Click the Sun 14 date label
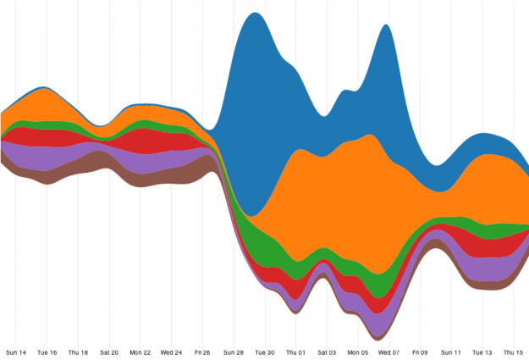point(16,352)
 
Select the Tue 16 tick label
point(47,352)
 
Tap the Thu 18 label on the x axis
point(78,352)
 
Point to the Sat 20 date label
point(109,352)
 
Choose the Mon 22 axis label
point(141,352)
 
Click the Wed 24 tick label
point(172,352)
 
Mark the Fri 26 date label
point(202,352)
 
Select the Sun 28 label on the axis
point(234,352)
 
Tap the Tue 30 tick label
point(265,352)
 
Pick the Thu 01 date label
point(296,352)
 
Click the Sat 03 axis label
point(327,352)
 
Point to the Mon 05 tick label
point(358,352)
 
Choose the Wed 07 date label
point(389,352)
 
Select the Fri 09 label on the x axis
point(420,352)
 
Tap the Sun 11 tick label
point(451,352)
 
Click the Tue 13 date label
point(482,352)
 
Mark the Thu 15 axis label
point(513,352)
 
